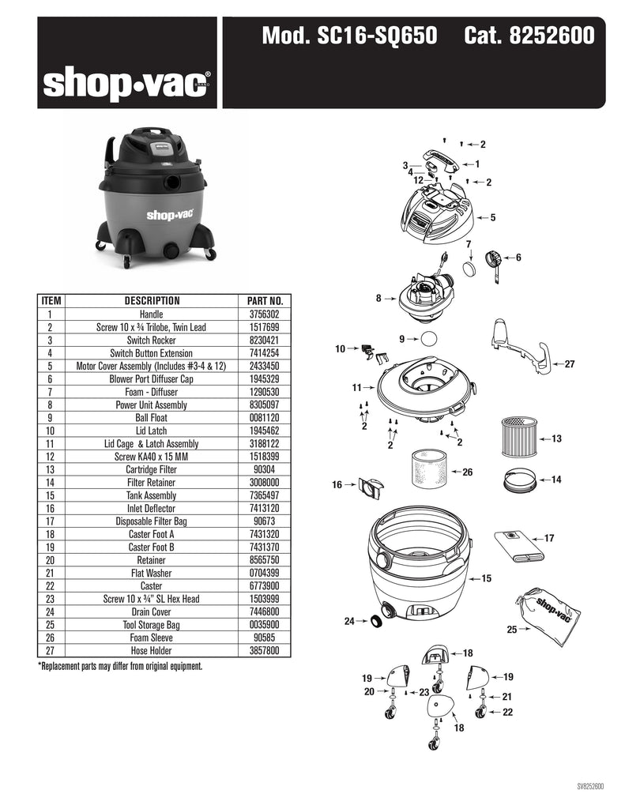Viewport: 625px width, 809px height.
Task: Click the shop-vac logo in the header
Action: (x=126, y=85)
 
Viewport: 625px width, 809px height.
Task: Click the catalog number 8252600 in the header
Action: (x=552, y=36)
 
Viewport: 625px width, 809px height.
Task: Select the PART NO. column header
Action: (x=265, y=301)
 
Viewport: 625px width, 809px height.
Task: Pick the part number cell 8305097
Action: (x=264, y=405)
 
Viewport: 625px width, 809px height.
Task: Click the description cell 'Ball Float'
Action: (x=151, y=418)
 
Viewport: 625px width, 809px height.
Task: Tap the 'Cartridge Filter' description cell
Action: (x=151, y=469)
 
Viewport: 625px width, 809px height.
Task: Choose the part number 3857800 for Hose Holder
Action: (x=264, y=651)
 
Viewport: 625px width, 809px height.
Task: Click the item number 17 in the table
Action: (x=50, y=521)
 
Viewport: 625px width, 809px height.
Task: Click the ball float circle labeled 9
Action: (x=429, y=340)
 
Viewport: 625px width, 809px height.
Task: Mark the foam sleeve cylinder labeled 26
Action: (x=430, y=468)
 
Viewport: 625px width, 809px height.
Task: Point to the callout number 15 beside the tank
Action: (x=486, y=578)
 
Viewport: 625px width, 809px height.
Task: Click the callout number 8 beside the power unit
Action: (x=378, y=298)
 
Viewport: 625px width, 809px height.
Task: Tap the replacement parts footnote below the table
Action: (x=120, y=666)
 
